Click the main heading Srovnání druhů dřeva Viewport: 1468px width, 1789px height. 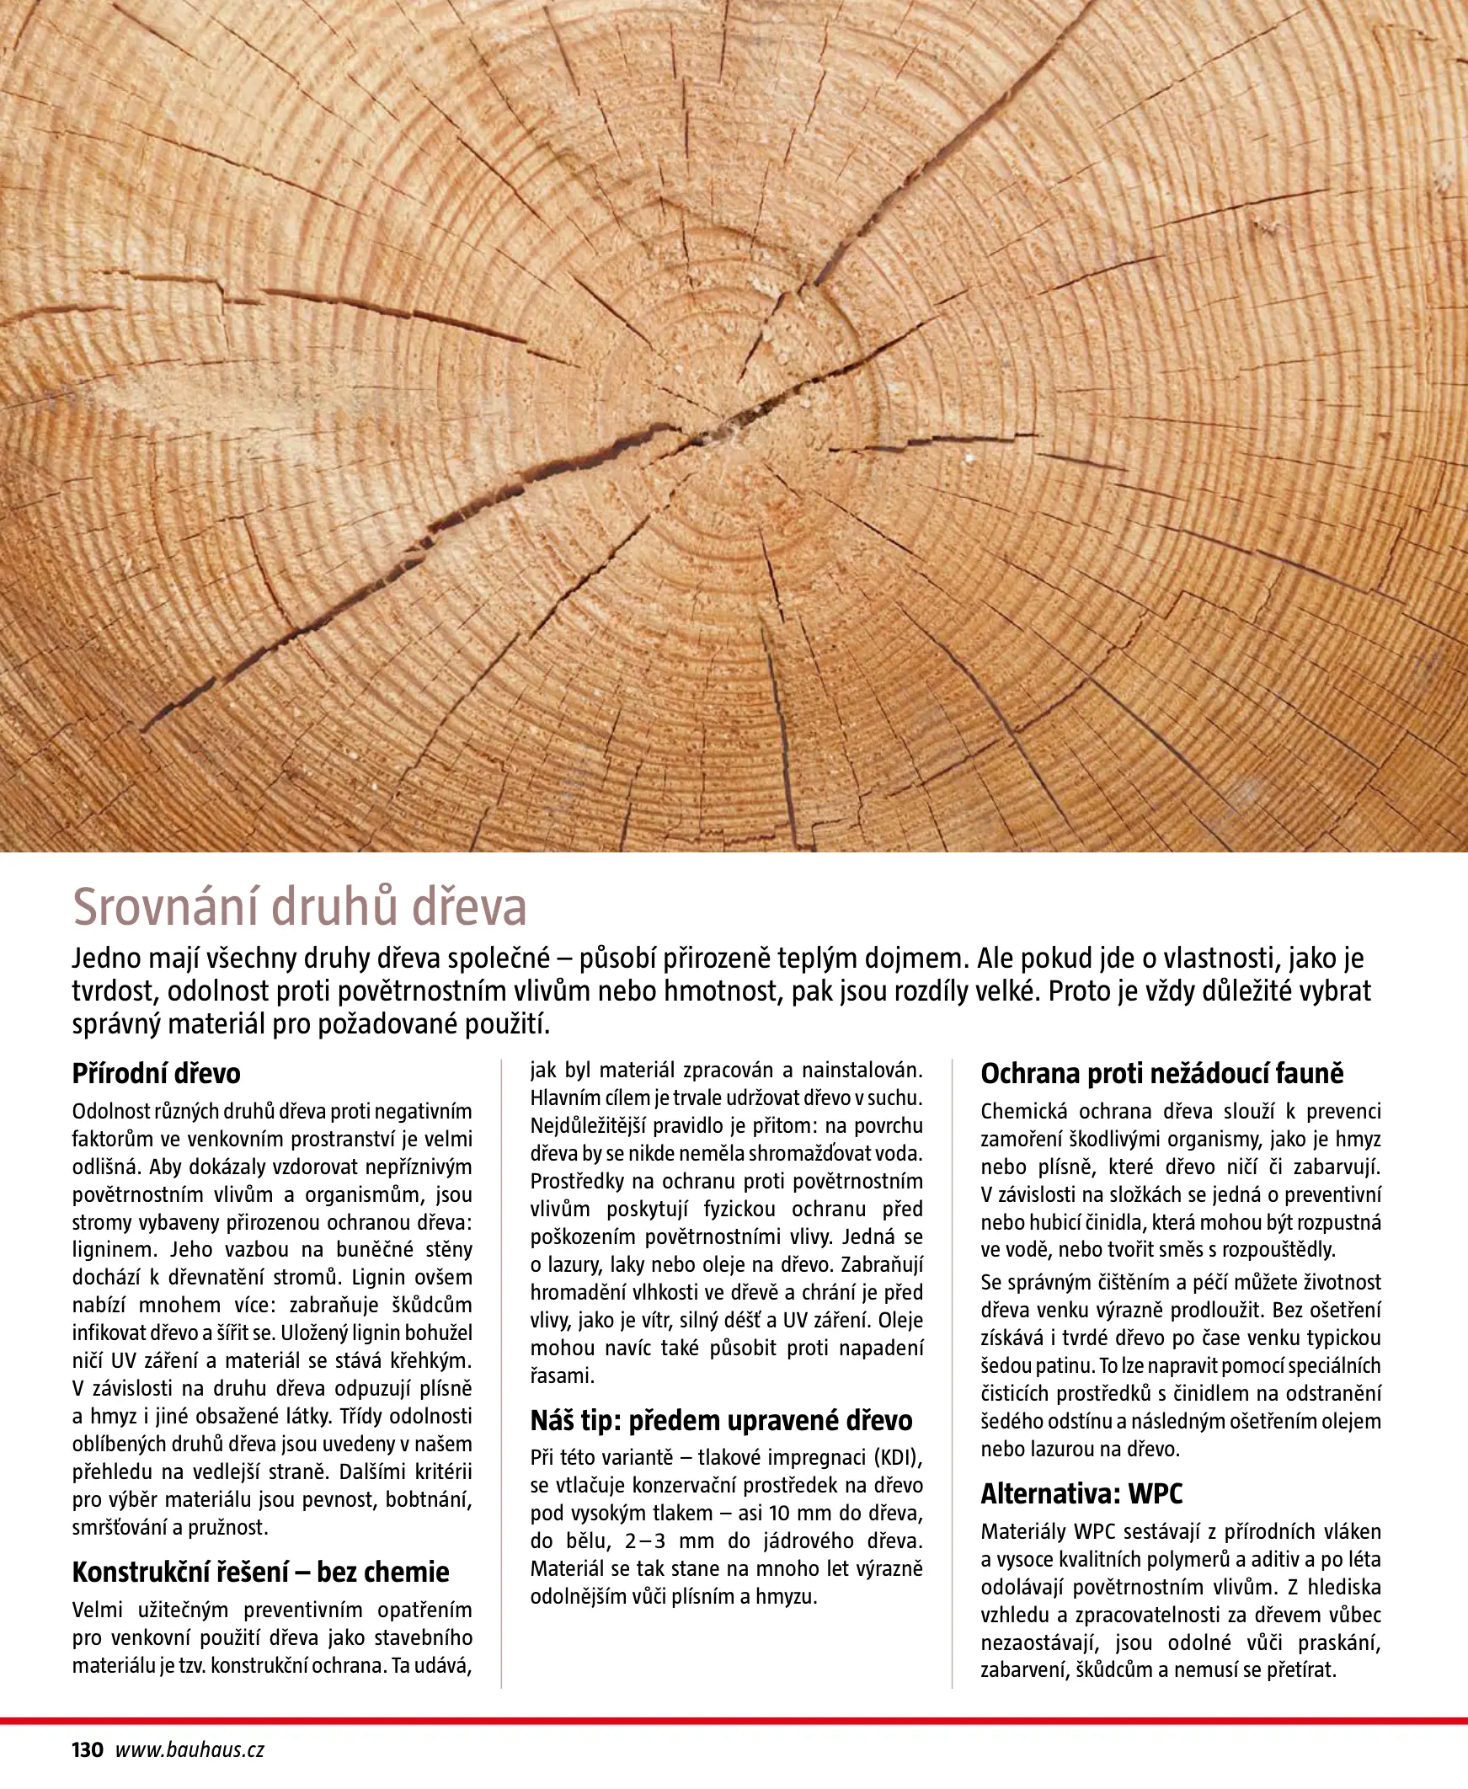click(299, 907)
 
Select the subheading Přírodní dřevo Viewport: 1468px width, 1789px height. click(157, 1074)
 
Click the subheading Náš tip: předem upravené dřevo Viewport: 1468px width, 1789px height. click(721, 1420)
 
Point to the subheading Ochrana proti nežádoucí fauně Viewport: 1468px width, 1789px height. click(1162, 1074)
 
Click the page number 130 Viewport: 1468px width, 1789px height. click(87, 1750)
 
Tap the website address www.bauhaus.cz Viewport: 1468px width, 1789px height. click(190, 1750)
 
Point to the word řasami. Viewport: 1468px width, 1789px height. click(563, 1375)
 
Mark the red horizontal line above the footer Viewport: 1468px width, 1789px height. click(734, 1721)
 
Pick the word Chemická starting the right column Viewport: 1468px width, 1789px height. click(1024, 1112)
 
